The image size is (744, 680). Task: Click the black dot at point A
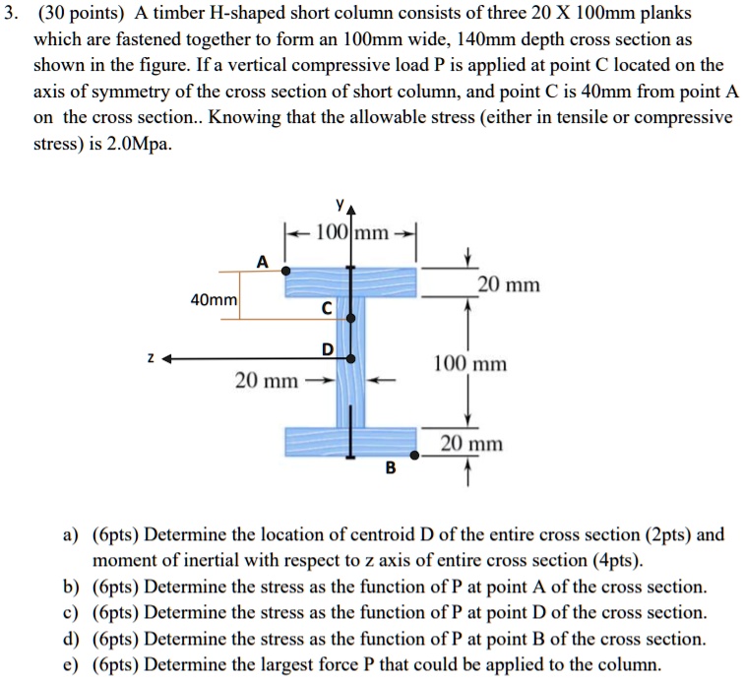(x=285, y=269)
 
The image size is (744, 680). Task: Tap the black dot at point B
(x=415, y=456)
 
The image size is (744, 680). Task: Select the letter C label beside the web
(x=326, y=310)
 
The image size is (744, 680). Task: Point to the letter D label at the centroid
(x=326, y=351)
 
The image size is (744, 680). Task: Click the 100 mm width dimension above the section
(x=351, y=234)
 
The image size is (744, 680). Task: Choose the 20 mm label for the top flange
(x=508, y=285)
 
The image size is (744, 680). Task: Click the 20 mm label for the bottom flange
(x=471, y=444)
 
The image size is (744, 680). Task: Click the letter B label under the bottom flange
(x=390, y=469)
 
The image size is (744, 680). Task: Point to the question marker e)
(x=70, y=662)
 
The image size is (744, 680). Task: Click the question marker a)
(x=70, y=535)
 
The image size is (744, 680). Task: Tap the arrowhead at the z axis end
(x=170, y=359)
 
